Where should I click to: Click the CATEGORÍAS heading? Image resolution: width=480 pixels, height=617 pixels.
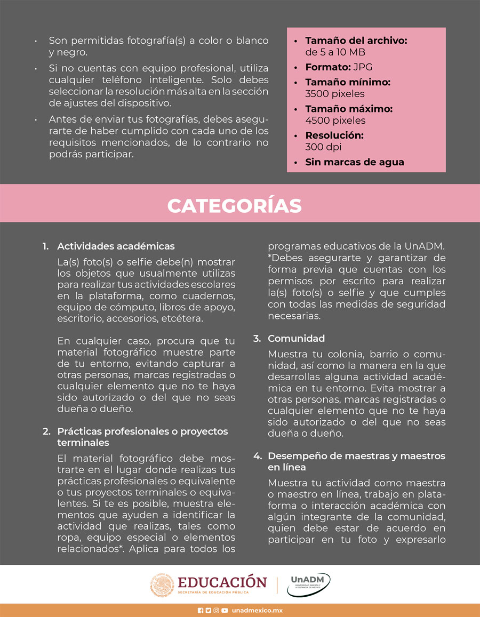(x=234, y=205)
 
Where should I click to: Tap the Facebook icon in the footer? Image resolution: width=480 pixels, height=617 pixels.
(x=200, y=611)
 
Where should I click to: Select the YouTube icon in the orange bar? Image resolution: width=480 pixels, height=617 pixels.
(x=225, y=611)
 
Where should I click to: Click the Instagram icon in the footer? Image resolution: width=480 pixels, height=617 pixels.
(x=216, y=611)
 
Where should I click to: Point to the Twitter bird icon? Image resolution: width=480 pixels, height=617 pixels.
(x=208, y=611)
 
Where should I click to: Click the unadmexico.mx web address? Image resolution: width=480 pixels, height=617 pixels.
(x=257, y=611)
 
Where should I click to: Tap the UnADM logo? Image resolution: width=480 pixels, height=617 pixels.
(x=309, y=584)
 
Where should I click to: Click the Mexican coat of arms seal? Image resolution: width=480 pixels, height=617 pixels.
(x=162, y=584)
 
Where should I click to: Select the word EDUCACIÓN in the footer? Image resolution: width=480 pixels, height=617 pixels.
(x=222, y=581)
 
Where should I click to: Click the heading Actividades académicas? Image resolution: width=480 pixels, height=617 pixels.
(x=116, y=246)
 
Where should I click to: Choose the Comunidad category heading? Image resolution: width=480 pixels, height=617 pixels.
(x=296, y=339)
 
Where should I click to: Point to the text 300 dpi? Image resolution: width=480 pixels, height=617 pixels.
(x=323, y=147)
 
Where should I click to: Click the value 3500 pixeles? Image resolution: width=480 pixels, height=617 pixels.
(x=335, y=94)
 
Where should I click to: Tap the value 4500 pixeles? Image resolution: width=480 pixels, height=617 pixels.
(x=335, y=121)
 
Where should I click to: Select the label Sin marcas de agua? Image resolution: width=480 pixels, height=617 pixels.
(x=354, y=162)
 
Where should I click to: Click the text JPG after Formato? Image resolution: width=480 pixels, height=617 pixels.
(x=363, y=68)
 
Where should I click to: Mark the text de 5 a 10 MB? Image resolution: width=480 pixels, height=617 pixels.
(x=335, y=52)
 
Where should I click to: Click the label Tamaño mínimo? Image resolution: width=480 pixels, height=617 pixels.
(x=348, y=83)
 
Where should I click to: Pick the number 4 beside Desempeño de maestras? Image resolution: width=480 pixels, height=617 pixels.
(x=257, y=456)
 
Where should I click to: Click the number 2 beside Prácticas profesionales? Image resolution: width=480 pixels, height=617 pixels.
(x=46, y=431)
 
